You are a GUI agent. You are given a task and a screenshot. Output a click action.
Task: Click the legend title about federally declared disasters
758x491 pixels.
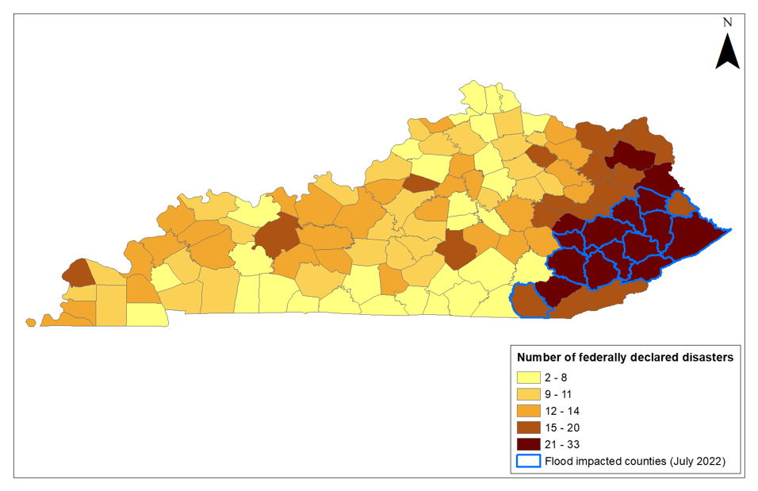[625, 357]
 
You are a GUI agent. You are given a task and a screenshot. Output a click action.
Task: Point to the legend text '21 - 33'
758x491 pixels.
[567, 444]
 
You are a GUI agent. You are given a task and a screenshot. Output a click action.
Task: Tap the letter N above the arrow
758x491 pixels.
[727, 23]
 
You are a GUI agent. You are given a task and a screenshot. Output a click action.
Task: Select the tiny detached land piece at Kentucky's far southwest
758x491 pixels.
[30, 322]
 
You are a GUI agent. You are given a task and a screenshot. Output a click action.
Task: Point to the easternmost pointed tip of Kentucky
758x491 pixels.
[729, 229]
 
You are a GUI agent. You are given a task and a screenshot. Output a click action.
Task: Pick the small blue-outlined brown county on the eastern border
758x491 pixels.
[680, 204]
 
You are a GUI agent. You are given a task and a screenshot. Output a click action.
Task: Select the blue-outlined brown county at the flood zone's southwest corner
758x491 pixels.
[527, 299]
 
